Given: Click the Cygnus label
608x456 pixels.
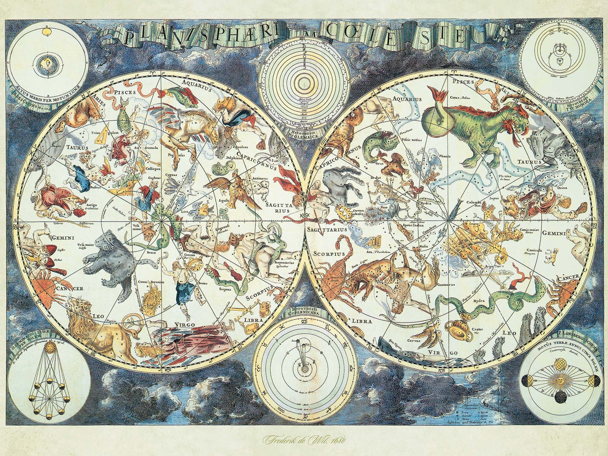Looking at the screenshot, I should click(171, 176).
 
